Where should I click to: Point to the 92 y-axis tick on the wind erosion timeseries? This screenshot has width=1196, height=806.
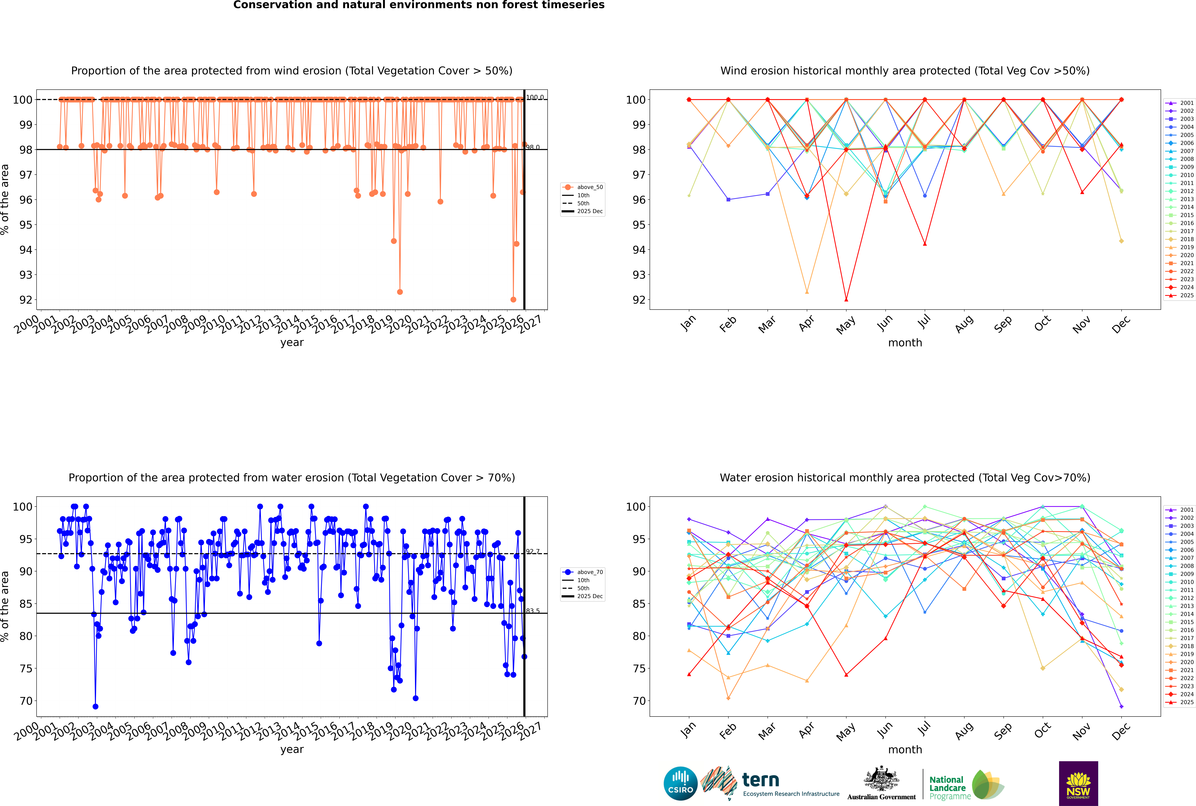coord(26,300)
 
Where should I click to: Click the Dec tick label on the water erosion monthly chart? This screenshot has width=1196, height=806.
coord(1121,731)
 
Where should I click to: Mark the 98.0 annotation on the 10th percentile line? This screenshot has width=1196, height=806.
coord(533,147)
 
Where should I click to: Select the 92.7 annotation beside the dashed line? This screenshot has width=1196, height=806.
coord(533,551)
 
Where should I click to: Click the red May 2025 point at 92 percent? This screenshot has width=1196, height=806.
coord(846,300)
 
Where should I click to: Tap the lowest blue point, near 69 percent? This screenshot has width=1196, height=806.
coord(95,707)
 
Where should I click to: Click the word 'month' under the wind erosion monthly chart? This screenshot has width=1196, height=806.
coord(905,343)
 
